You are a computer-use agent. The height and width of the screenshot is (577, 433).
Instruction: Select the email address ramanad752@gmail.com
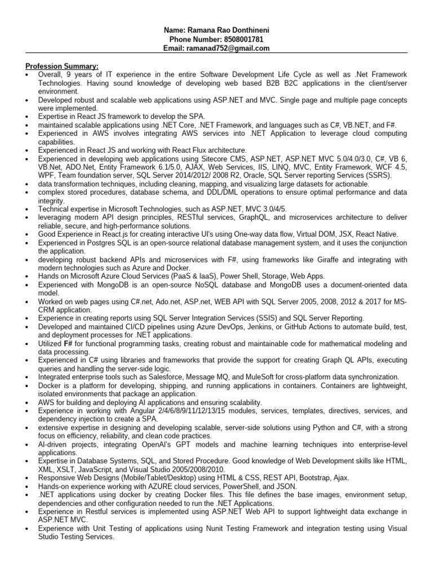232,48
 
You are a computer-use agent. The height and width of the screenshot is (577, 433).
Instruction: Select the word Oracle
261,175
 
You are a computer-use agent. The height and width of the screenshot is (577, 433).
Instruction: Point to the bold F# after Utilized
68,343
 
